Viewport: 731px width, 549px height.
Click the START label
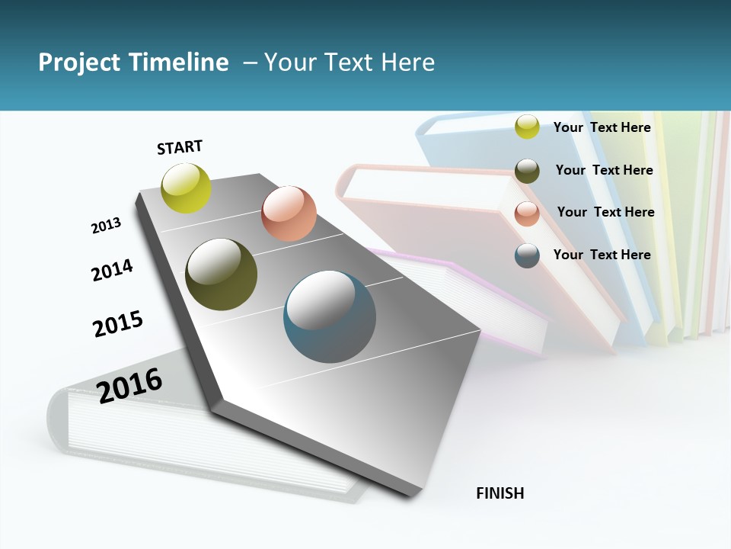point(180,147)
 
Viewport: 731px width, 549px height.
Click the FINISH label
point(500,493)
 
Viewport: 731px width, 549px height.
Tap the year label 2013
point(106,225)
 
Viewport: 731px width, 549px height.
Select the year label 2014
point(112,270)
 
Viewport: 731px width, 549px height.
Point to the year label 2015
point(118,323)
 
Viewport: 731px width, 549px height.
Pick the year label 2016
point(129,385)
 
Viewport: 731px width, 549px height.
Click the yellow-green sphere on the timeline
point(186,188)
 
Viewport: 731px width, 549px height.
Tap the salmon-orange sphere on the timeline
point(289,213)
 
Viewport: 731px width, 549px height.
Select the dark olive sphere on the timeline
point(221,274)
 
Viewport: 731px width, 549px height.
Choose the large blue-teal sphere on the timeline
point(330,316)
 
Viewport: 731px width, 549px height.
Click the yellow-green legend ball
point(527,127)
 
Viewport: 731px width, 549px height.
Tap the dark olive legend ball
point(527,171)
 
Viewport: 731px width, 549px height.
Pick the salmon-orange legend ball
point(527,213)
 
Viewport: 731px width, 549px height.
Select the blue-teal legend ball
point(527,255)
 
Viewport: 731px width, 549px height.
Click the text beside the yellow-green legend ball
point(602,127)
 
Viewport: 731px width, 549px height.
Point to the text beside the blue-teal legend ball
point(602,255)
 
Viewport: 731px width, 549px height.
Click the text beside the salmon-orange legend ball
point(605,212)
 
